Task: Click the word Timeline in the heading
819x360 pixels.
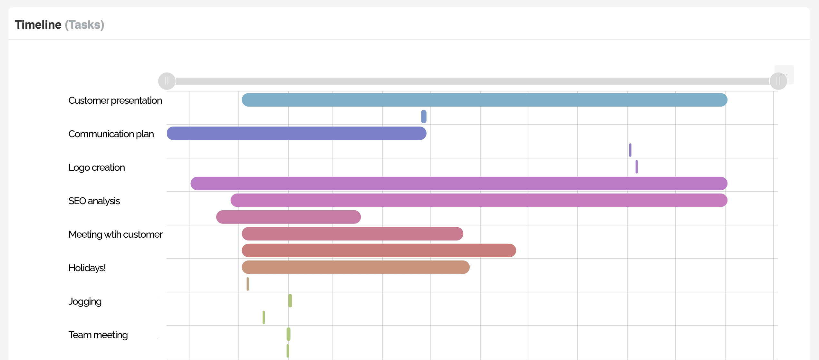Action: point(38,25)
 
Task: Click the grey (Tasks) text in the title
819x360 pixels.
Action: point(84,25)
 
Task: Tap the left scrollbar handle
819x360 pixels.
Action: point(167,81)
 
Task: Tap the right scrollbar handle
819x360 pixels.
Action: point(778,81)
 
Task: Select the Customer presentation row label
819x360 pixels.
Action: point(115,100)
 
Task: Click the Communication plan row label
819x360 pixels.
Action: point(111,134)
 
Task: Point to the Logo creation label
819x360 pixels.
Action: point(96,167)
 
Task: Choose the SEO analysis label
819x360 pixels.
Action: point(94,201)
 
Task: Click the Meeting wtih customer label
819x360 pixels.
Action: point(115,234)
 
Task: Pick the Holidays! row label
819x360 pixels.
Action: point(87,268)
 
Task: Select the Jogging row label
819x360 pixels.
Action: point(85,301)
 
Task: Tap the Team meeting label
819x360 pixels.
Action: point(98,335)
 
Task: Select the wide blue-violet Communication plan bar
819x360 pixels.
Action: point(296,133)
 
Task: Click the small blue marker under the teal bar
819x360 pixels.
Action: point(424,117)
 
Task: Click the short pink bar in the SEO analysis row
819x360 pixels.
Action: point(288,217)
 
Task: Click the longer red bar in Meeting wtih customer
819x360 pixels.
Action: point(379,251)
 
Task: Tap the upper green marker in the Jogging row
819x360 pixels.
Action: point(290,301)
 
